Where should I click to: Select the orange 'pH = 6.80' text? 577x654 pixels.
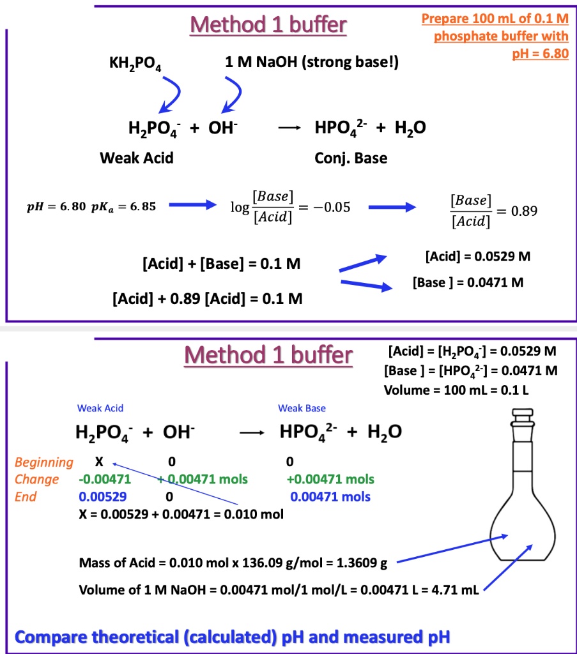coord(541,53)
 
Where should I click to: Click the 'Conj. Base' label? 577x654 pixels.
coord(351,158)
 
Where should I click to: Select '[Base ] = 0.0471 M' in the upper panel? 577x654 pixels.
coord(468,282)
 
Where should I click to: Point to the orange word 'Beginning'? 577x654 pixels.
coord(43,462)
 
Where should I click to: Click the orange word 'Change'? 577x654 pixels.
coord(36,479)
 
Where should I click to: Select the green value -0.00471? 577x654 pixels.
coord(96,479)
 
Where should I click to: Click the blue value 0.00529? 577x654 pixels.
coord(102,496)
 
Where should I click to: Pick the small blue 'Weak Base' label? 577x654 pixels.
coord(302,408)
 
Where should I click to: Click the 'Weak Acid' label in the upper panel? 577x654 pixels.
coord(137,158)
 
